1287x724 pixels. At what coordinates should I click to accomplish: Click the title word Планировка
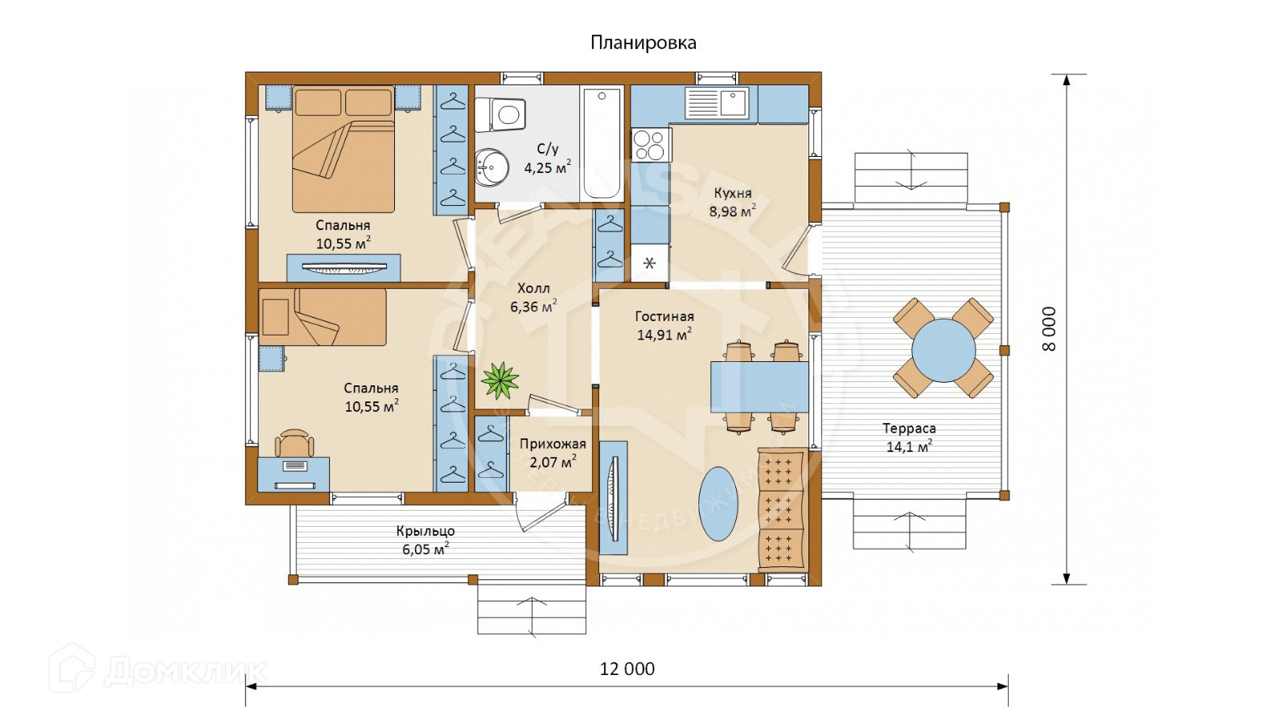(643, 43)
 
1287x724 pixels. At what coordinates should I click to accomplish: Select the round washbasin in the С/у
(491, 167)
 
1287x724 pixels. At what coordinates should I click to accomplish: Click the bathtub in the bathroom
(602, 143)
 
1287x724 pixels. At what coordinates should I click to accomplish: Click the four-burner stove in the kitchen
(651, 144)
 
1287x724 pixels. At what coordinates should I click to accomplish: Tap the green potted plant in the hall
(500, 380)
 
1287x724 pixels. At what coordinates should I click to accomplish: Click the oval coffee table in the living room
(718, 504)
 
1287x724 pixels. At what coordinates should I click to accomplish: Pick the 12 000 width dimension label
(627, 668)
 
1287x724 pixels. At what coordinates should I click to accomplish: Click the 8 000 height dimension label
(1049, 329)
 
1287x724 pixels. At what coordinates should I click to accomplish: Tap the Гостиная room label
(664, 316)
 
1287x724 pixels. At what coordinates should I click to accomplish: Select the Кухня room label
(733, 193)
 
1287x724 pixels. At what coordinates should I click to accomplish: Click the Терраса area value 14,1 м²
(909, 446)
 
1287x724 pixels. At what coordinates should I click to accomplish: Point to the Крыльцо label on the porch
(426, 531)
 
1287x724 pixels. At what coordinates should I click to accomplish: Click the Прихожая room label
(553, 443)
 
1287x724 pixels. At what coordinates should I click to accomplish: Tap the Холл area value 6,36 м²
(533, 306)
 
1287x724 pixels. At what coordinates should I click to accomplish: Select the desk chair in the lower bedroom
(294, 443)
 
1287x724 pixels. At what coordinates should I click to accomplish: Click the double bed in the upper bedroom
(343, 150)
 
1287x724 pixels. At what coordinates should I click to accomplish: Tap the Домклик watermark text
(185, 672)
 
